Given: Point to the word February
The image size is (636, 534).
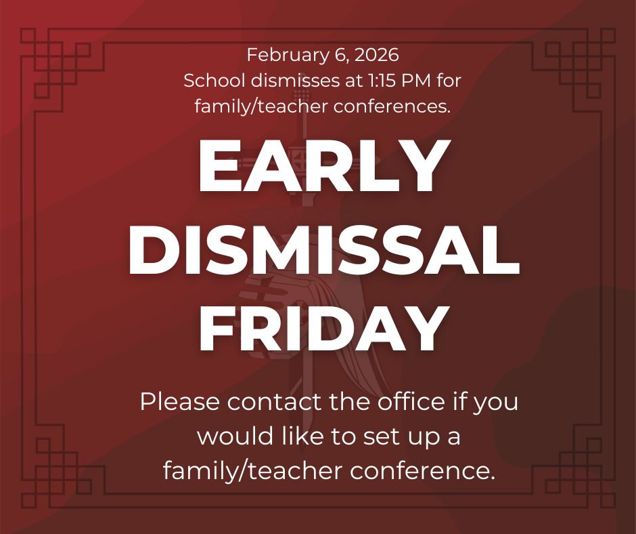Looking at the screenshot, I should pyautogui.click(x=279, y=54).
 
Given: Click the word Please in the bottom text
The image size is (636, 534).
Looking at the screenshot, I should pyautogui.click(x=180, y=402).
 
